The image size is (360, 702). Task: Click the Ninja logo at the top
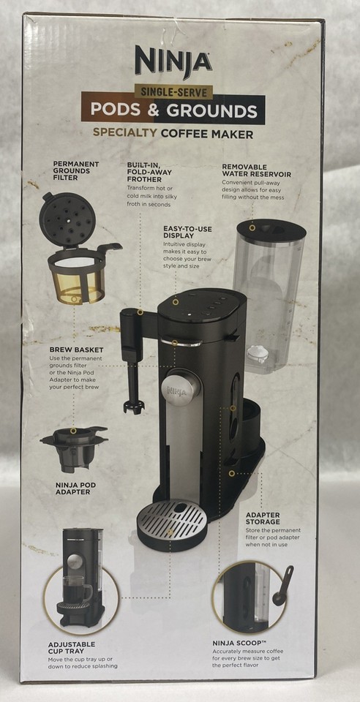pos(173,61)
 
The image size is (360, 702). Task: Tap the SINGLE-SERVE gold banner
pos(173,93)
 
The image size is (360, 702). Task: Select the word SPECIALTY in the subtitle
pos(126,134)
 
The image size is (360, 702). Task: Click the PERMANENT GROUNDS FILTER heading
pos(76,171)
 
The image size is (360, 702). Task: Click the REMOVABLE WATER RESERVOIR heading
pos(256,170)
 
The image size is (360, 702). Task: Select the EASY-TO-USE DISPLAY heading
pos(187,233)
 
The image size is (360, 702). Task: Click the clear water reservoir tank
pos(268,292)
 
